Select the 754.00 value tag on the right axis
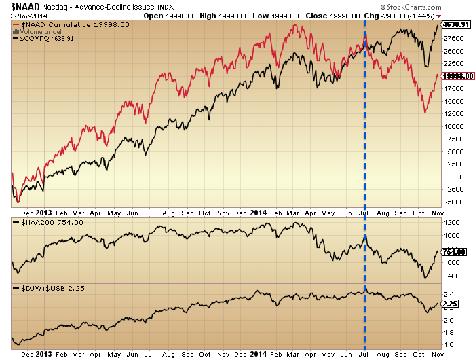coord(452,252)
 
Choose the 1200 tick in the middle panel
coord(450,222)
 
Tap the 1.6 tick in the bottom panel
coord(447,345)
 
